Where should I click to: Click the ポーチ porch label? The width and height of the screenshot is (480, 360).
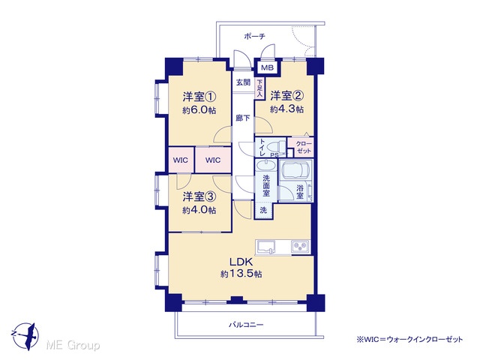pyautogui.click(x=254, y=37)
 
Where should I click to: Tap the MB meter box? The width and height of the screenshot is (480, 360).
pyautogui.click(x=267, y=67)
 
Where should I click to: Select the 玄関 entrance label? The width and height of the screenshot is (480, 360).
pyautogui.click(x=243, y=82)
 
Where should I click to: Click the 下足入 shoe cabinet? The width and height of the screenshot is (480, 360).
pyautogui.click(x=259, y=88)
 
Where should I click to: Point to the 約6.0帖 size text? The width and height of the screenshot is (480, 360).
pyautogui.click(x=199, y=110)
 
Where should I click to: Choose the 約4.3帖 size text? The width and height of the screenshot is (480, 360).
pyautogui.click(x=286, y=109)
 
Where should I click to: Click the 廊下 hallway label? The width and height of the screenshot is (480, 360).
pyautogui.click(x=243, y=118)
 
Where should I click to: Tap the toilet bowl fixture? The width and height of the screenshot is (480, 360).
pyautogui.click(x=277, y=147)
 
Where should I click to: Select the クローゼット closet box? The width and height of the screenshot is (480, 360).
pyautogui.click(x=301, y=147)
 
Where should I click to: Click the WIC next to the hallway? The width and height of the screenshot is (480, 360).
pyautogui.click(x=213, y=160)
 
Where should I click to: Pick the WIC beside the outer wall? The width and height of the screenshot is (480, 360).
pyautogui.click(x=181, y=160)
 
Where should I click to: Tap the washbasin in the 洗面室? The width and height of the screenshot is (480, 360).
pyautogui.click(x=265, y=166)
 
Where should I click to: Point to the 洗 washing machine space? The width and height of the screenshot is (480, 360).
pyautogui.click(x=263, y=210)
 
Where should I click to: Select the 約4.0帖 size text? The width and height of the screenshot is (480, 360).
pyautogui.click(x=199, y=210)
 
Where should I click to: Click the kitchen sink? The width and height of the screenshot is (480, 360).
pyautogui.click(x=265, y=247)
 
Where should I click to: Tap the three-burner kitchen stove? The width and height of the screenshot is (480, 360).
pyautogui.click(x=301, y=247)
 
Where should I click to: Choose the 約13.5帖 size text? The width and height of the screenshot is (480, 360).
pyautogui.click(x=241, y=274)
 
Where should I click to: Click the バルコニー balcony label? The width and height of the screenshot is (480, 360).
pyautogui.click(x=246, y=325)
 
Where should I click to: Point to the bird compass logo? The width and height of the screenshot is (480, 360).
pyautogui.click(x=25, y=335)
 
